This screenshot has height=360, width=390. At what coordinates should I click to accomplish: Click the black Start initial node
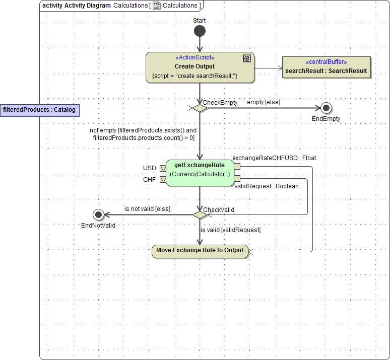point(200,31)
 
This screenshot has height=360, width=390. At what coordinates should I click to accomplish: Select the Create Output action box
point(200,67)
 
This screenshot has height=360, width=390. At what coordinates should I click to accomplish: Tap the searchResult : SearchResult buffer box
point(326,67)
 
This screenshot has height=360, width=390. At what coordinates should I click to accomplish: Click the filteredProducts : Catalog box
point(39,110)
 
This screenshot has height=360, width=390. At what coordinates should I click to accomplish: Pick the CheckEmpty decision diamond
point(200,108)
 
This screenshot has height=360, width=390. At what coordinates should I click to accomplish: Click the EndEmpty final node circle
point(326,108)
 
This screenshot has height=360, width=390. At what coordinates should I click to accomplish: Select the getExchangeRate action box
point(200,173)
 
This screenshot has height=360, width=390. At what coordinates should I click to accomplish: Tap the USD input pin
point(163,168)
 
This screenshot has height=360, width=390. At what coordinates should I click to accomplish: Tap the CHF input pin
point(163,179)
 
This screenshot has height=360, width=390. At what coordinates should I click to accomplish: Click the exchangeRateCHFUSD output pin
point(237,167)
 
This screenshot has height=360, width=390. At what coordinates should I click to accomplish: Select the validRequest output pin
point(237,178)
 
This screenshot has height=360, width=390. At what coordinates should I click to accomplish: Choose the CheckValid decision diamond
point(200,214)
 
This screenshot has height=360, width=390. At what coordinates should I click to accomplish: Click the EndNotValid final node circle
point(98,214)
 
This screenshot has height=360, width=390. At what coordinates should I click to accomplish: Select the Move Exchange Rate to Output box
point(200,251)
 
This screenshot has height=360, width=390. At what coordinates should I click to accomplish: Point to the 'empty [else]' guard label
point(263,102)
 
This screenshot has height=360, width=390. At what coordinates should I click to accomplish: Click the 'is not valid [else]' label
point(147,208)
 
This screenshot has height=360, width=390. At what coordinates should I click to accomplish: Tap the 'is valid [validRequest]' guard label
point(230,230)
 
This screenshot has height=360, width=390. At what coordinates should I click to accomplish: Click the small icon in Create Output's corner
point(246,58)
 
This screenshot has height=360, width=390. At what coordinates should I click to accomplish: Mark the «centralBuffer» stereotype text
point(326,62)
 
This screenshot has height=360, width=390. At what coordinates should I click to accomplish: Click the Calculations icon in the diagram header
point(157,6)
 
